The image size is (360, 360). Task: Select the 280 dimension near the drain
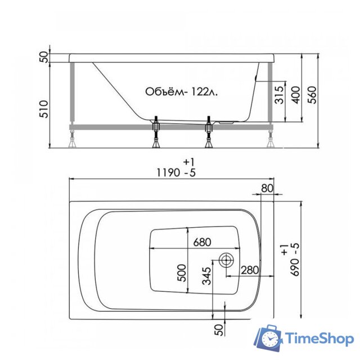tap(249, 270)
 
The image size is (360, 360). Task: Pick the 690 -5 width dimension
tap(290, 260)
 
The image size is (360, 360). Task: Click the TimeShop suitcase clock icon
tap(269, 339)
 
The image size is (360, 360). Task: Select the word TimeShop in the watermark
tap(318, 339)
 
